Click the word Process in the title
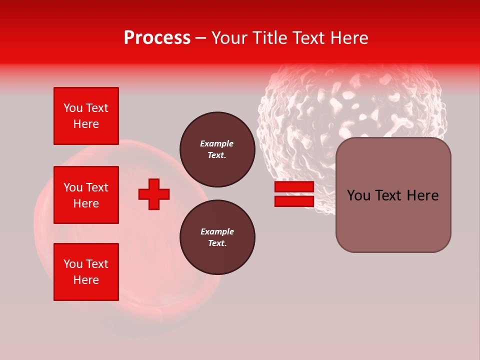(157, 38)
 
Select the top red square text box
(86, 116)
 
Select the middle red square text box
(86, 195)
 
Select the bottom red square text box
(86, 272)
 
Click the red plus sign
(154, 194)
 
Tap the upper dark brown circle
(217, 149)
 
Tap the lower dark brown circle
(217, 237)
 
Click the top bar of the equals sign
(294, 187)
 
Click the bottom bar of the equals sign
(294, 201)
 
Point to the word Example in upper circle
(217, 143)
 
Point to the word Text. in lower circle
(217, 243)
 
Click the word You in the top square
(72, 108)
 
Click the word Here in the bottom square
(86, 280)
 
